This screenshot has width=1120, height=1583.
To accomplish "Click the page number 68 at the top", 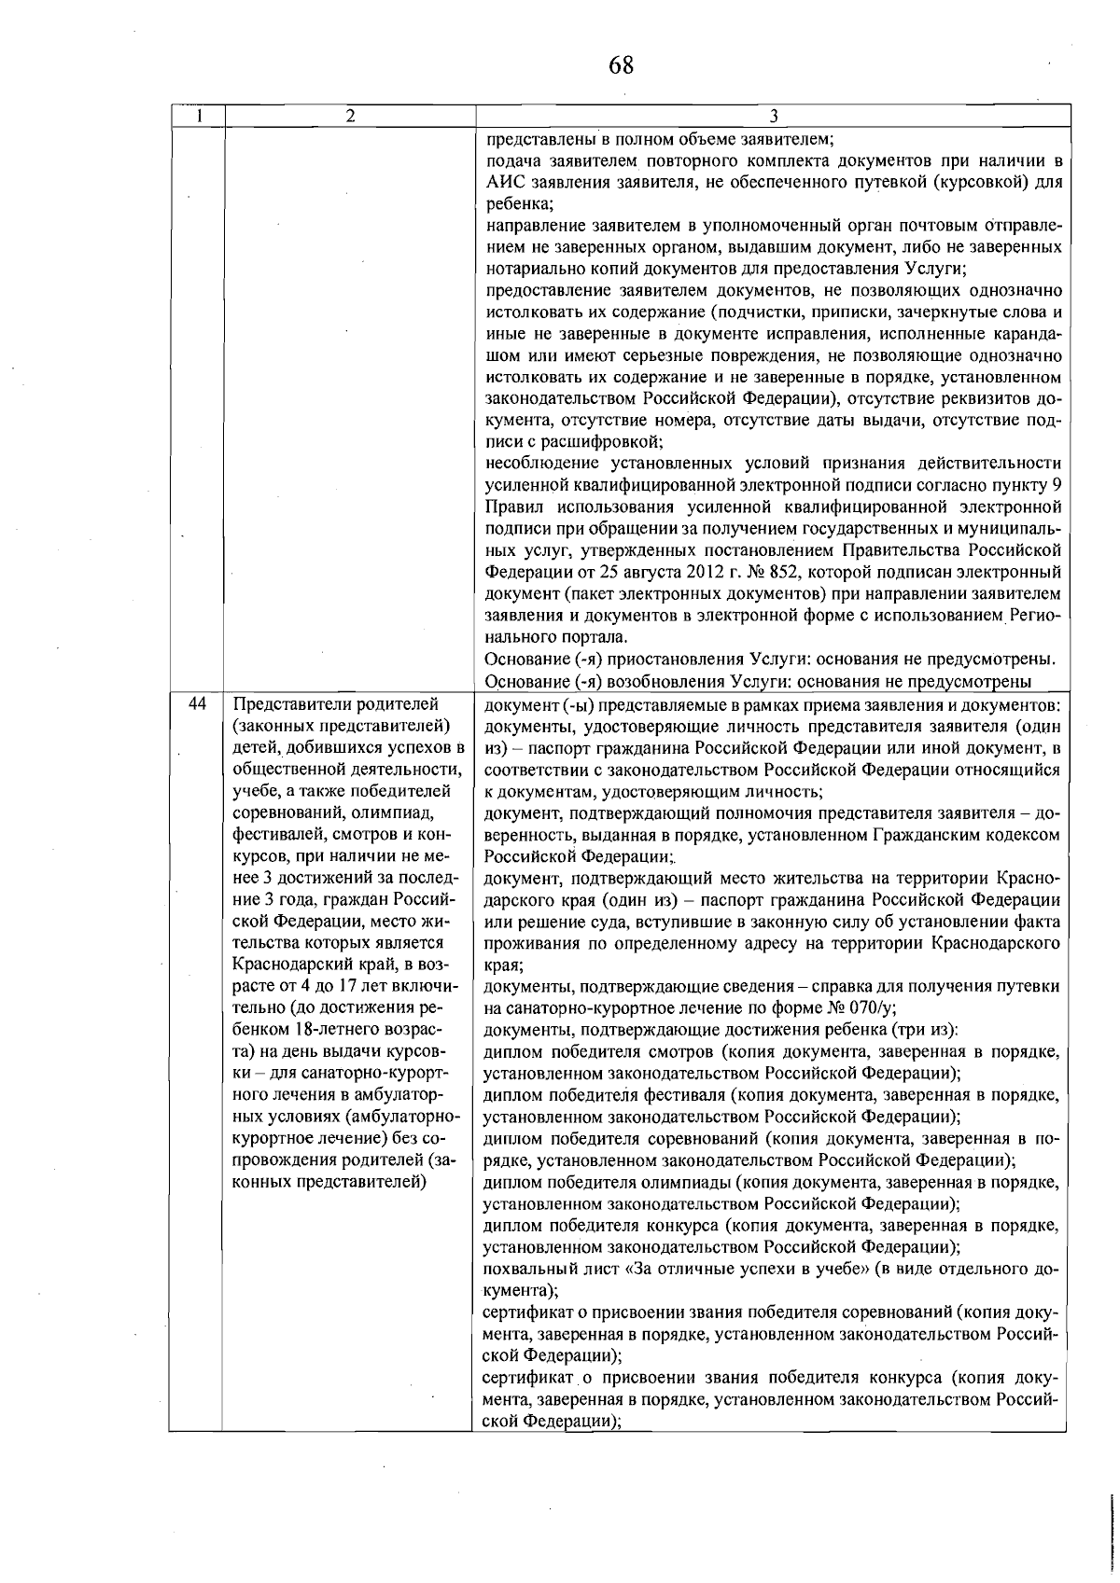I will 621,65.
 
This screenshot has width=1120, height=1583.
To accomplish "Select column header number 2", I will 349,116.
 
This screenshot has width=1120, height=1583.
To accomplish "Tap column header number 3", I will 774,116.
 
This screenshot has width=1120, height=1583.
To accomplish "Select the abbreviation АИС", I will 504,183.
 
